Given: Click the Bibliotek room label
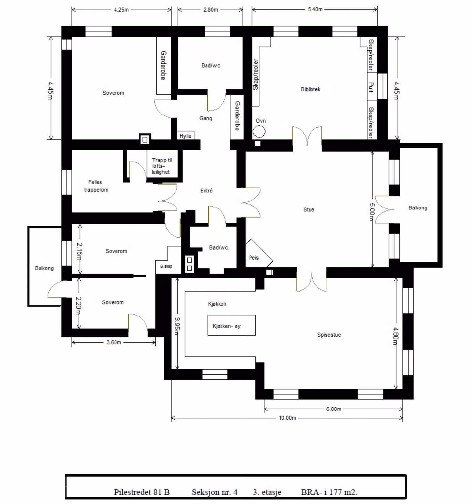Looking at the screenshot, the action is click(310, 89).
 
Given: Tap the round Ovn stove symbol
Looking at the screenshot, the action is click(259, 131).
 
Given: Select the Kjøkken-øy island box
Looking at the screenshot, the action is click(232, 325).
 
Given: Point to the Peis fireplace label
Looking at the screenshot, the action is click(254, 258).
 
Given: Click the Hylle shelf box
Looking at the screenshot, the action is click(185, 136).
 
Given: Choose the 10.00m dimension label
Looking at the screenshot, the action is click(287, 418).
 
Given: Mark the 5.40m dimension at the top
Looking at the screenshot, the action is click(315, 9).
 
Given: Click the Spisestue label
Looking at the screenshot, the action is click(329, 335).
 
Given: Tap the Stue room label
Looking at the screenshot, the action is click(309, 210).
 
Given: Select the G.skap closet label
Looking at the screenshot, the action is click(166, 266).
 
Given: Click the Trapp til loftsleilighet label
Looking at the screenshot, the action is click(161, 166).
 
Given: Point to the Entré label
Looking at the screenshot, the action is click(206, 191).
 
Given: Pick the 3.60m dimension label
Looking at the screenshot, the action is click(114, 342).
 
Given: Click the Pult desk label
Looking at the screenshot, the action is click(371, 87).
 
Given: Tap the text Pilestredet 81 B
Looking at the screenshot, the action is click(142, 492).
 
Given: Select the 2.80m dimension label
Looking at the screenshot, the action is click(211, 10).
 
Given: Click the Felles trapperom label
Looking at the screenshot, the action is click(96, 186).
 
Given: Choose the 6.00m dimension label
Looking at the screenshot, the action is click(334, 409).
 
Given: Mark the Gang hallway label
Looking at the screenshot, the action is click(206, 118).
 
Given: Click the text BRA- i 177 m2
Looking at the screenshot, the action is click(329, 492).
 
